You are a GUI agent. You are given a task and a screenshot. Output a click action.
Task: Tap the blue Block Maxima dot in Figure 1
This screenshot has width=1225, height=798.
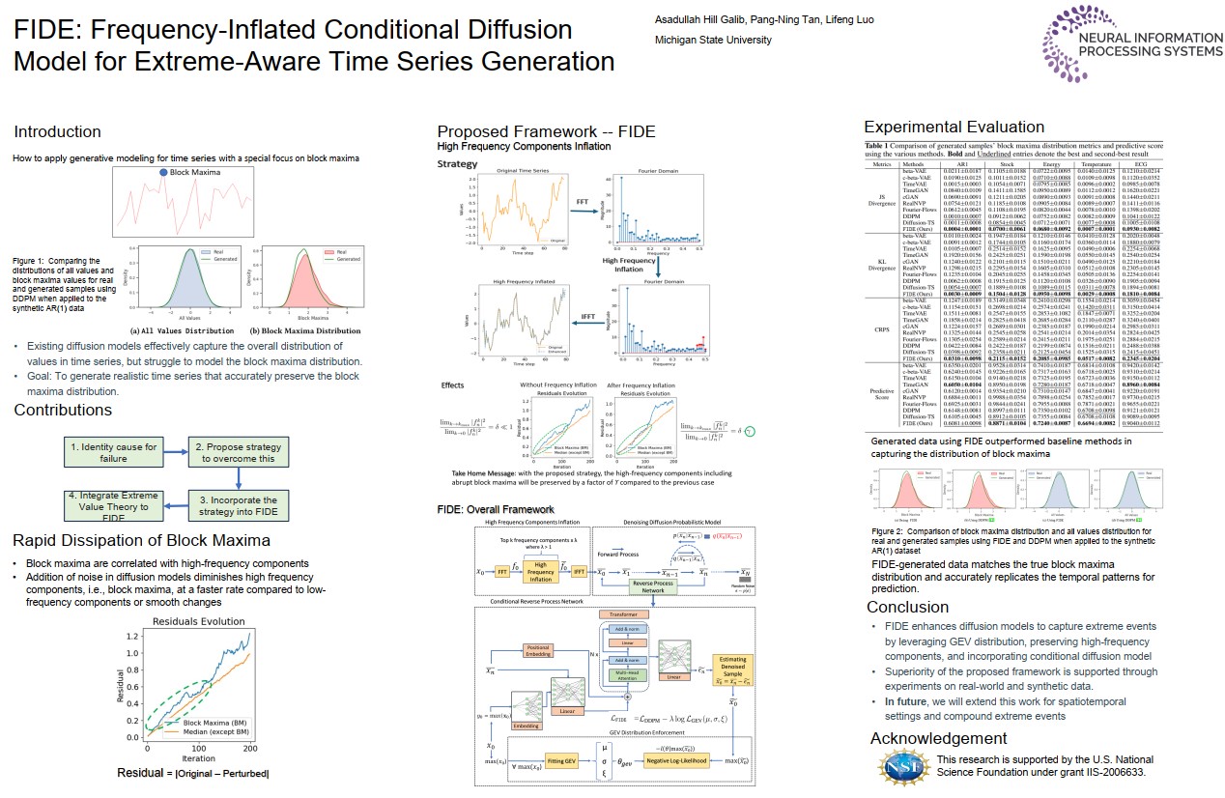coord(163,173)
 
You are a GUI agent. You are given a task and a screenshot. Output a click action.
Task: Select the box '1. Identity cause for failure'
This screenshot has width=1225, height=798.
coord(113,453)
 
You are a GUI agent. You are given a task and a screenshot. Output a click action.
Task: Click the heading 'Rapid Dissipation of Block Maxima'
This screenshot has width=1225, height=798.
coord(142,540)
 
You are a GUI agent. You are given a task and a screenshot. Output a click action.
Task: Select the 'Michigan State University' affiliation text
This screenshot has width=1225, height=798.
coord(713,40)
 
